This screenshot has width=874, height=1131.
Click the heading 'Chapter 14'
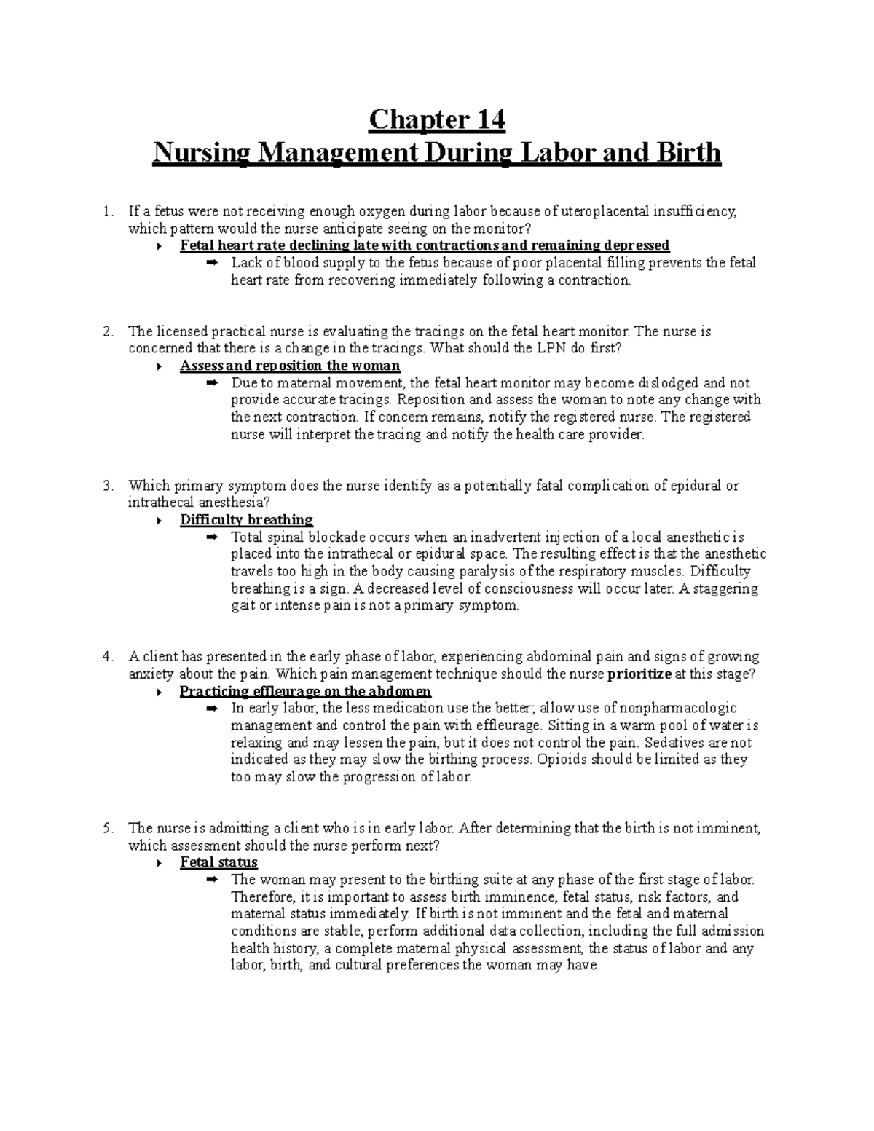(436, 119)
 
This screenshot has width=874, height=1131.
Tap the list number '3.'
(109, 486)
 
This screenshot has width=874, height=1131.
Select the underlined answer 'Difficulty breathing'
(246, 520)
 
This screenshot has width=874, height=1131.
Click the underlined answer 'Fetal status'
(219, 863)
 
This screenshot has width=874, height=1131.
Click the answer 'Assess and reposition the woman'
(290, 366)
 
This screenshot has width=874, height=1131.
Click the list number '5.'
(109, 829)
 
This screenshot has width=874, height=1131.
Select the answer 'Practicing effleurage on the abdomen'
(305, 692)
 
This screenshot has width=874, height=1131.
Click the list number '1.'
(109, 212)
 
